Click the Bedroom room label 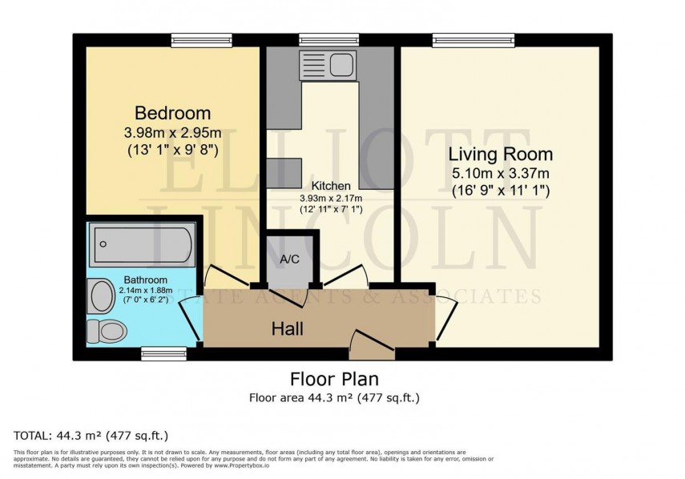[x=172, y=113]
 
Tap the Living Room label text [x=500, y=154]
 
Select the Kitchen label [x=331, y=186]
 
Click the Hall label [x=286, y=328]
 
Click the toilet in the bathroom [x=107, y=330]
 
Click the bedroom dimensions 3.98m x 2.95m [x=172, y=131]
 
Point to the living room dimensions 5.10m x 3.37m [x=500, y=172]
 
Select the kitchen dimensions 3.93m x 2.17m [x=331, y=198]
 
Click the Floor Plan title [x=333, y=379]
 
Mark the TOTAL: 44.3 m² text [x=91, y=436]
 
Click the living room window [x=473, y=38]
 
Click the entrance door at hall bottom [x=373, y=344]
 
